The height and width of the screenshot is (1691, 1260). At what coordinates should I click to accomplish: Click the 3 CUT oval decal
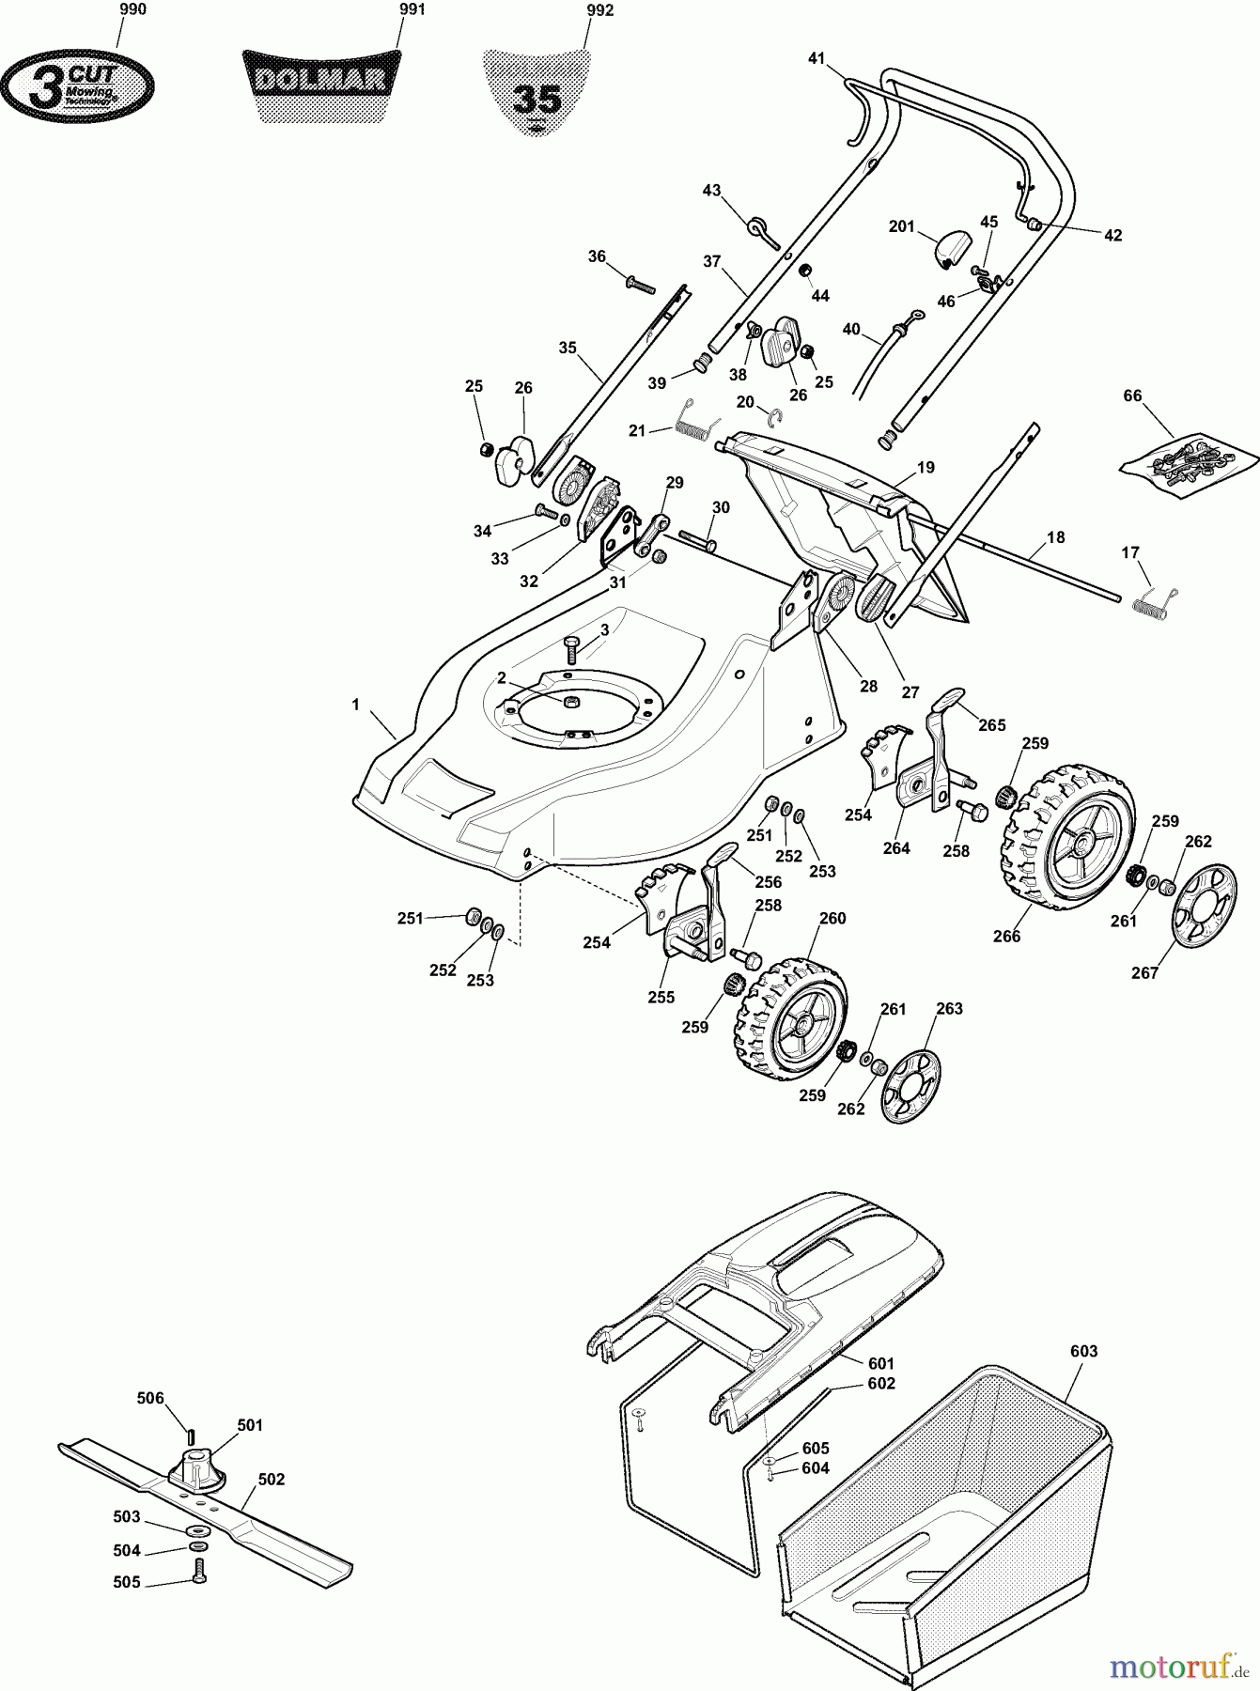pos(78,85)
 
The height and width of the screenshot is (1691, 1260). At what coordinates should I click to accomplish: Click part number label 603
pos(1083,1351)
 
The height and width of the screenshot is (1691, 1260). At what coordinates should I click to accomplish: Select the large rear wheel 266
pos(1067,837)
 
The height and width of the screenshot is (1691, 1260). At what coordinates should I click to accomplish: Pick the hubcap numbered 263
pos(910,1085)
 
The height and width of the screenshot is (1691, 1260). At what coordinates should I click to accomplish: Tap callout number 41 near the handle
pos(816,59)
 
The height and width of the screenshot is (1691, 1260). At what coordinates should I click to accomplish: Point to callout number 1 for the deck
pos(355,704)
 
